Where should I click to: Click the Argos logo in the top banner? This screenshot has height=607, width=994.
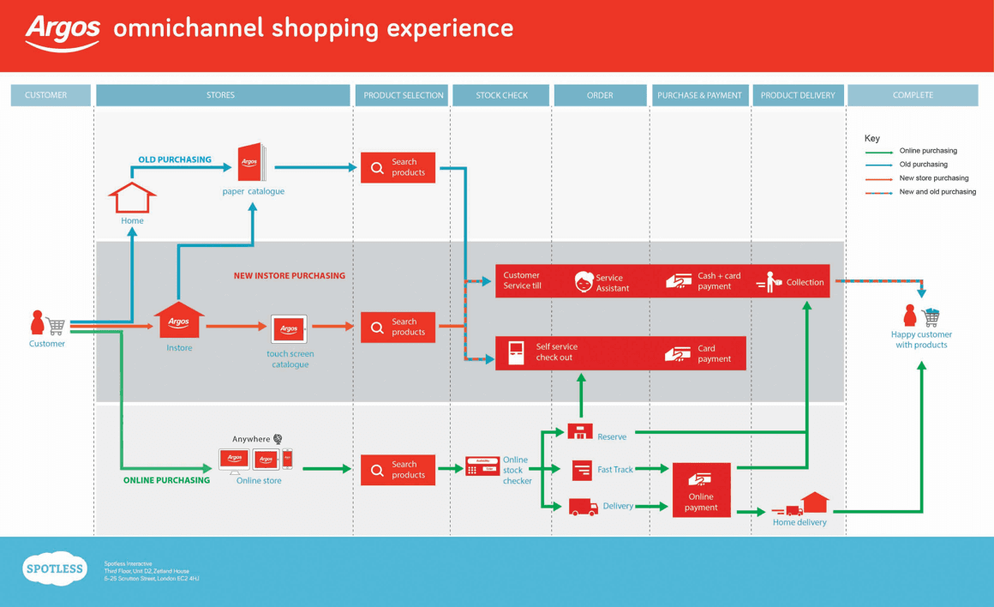coord(63,32)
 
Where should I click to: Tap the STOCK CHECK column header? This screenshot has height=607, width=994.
coord(501,95)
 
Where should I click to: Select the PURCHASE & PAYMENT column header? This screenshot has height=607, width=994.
coord(699,95)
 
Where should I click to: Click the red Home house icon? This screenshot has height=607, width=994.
coord(132,198)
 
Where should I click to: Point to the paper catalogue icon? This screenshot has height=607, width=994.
coord(251,163)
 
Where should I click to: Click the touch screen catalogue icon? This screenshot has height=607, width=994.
coord(289,329)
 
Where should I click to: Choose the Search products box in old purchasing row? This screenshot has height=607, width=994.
coord(398,167)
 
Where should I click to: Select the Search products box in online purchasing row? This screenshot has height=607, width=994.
coord(398,470)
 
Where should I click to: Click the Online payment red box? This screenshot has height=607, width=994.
coord(701,490)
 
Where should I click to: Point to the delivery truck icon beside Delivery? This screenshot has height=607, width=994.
coord(583,508)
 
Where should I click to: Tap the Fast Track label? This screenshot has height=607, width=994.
coord(615,470)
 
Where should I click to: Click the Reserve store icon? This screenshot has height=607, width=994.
coord(580,431)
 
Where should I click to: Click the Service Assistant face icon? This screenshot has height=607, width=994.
coord(584,282)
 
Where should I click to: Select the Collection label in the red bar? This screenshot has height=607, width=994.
coord(805,282)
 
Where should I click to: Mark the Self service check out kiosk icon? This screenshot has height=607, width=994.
coord(517,352)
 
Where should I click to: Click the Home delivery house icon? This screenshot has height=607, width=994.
coord(814,502)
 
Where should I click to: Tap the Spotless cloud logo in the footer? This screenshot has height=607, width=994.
coord(55,568)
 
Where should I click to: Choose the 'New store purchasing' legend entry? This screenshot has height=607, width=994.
coord(933,178)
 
